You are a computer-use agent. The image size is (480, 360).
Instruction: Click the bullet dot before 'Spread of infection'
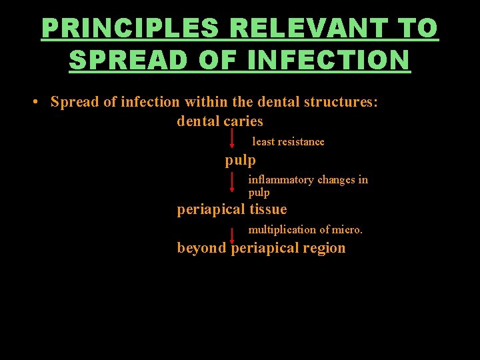click(x=33, y=103)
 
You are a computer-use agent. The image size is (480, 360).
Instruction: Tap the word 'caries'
click(x=243, y=121)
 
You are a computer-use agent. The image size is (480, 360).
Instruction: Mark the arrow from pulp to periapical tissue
click(x=232, y=182)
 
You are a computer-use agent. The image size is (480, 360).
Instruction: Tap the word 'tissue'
click(x=268, y=209)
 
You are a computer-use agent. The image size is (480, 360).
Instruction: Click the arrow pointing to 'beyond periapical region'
click(x=232, y=235)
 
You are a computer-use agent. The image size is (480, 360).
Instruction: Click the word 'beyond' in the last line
click(x=201, y=248)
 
